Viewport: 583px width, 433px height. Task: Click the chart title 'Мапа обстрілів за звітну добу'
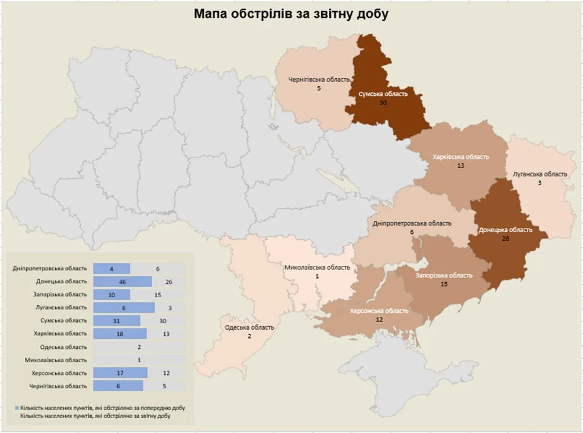(291, 14)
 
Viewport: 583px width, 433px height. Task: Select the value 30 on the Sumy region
(383, 103)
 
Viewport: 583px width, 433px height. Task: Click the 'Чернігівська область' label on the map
(319, 80)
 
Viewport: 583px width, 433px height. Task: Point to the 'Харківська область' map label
(461, 157)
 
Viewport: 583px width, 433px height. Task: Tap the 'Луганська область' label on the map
(539, 174)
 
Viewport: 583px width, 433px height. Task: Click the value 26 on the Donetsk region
(505, 239)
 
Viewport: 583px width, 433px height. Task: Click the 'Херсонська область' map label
(379, 311)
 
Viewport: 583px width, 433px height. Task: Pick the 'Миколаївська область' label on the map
(317, 268)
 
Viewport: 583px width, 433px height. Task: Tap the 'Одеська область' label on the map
(249, 327)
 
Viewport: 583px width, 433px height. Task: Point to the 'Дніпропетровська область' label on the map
(412, 223)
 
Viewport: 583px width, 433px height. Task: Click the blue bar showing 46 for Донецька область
(123, 282)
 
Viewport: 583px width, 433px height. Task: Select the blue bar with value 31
(117, 320)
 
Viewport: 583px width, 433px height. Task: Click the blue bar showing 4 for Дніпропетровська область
(111, 269)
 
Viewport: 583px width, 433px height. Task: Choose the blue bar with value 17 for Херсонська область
(120, 373)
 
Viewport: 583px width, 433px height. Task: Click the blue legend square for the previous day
(16, 408)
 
